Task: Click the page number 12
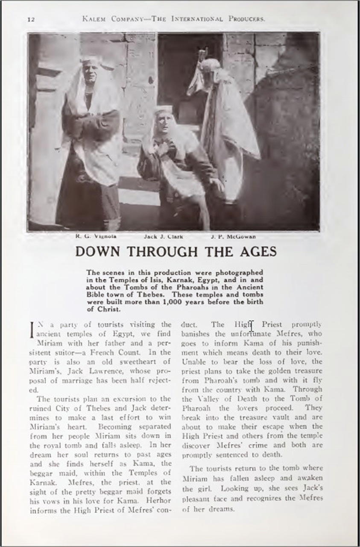[x=30, y=19]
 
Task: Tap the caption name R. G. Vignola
[x=96, y=236]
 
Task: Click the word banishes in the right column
[x=194, y=334]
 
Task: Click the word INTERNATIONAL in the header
[x=195, y=19]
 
